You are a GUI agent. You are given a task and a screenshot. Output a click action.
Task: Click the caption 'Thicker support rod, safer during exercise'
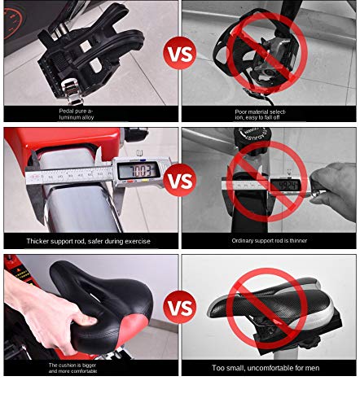tap(90, 241)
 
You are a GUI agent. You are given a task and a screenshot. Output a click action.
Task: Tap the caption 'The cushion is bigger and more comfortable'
tap(81, 368)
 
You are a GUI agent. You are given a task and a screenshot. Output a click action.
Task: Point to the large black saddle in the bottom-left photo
tap(98, 301)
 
